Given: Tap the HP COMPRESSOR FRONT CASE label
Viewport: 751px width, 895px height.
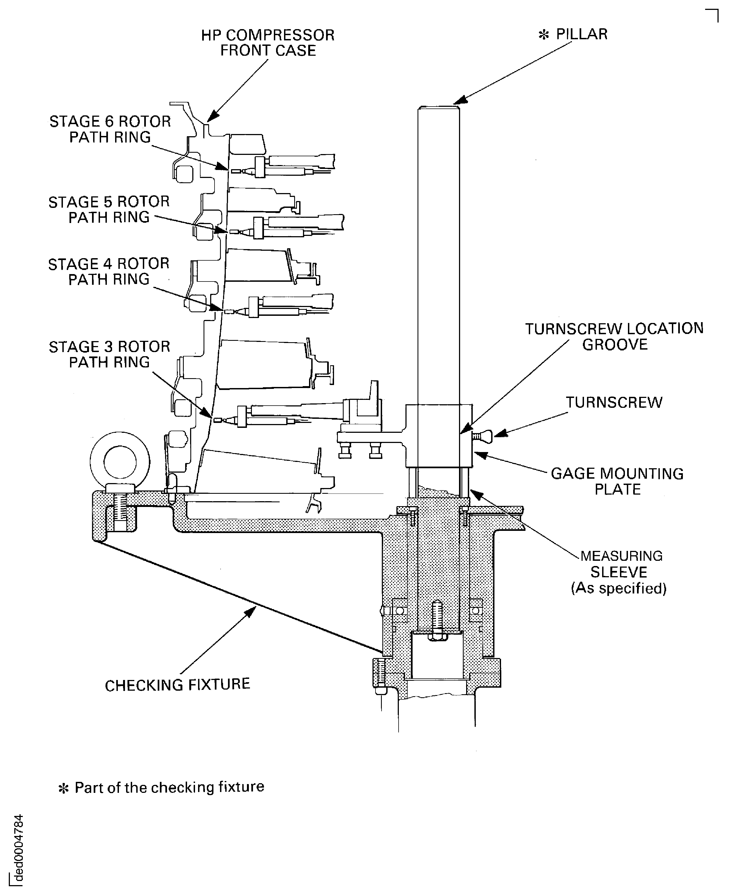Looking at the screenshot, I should [x=268, y=43].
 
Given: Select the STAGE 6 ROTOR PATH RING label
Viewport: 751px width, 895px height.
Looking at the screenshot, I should [x=110, y=129].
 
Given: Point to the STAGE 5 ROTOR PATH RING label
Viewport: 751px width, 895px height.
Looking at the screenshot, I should [x=109, y=209].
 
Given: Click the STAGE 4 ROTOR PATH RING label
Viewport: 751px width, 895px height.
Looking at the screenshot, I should [x=109, y=272].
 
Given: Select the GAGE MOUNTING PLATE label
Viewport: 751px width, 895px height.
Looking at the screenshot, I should [x=617, y=481].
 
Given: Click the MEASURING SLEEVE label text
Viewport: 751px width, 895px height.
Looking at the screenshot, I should [x=620, y=564].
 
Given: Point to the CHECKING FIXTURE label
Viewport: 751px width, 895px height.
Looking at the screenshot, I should [x=177, y=684].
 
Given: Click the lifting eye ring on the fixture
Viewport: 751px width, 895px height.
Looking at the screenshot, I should [x=120, y=462].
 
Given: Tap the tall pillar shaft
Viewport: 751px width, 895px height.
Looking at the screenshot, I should [x=439, y=256].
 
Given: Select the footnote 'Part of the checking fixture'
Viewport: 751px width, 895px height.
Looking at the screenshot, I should [x=169, y=787].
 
